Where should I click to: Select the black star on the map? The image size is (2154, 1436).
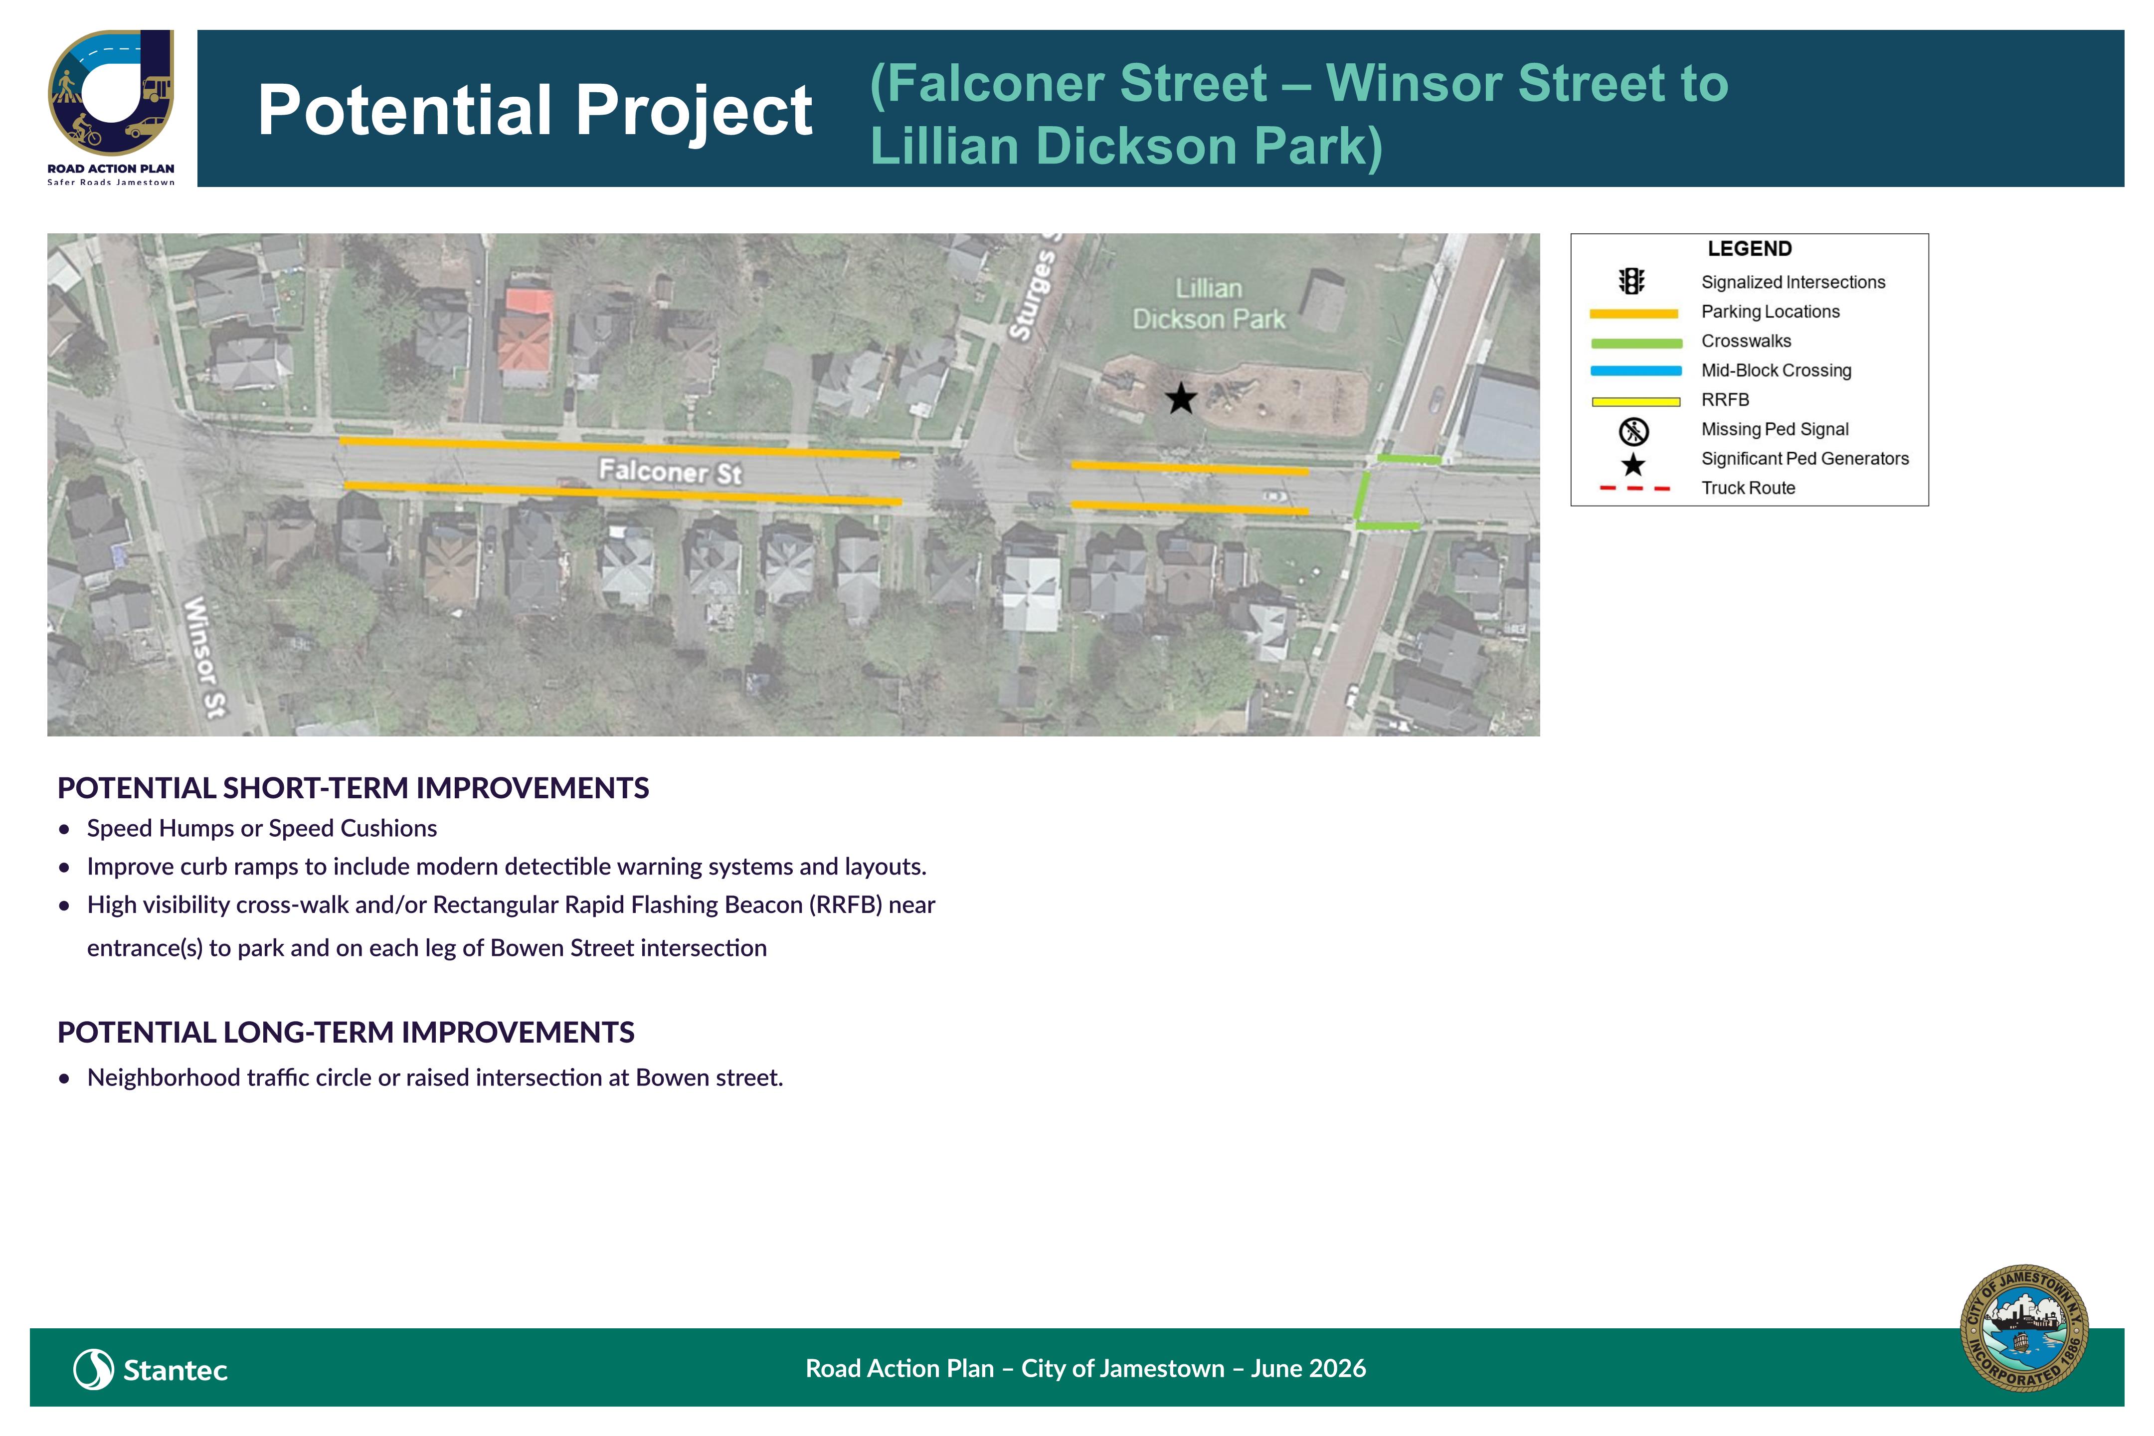[1181, 398]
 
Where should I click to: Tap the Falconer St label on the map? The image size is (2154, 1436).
[670, 472]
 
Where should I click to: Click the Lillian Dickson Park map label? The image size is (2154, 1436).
[1209, 303]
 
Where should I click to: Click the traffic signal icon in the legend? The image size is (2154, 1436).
[1632, 281]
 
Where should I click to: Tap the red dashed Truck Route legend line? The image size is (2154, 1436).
[1635, 488]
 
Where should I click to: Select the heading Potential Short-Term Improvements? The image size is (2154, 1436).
[354, 788]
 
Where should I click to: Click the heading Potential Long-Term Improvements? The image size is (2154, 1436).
[346, 1032]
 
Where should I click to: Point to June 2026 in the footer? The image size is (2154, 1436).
[1309, 1368]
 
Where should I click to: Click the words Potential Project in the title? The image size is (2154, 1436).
[535, 110]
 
